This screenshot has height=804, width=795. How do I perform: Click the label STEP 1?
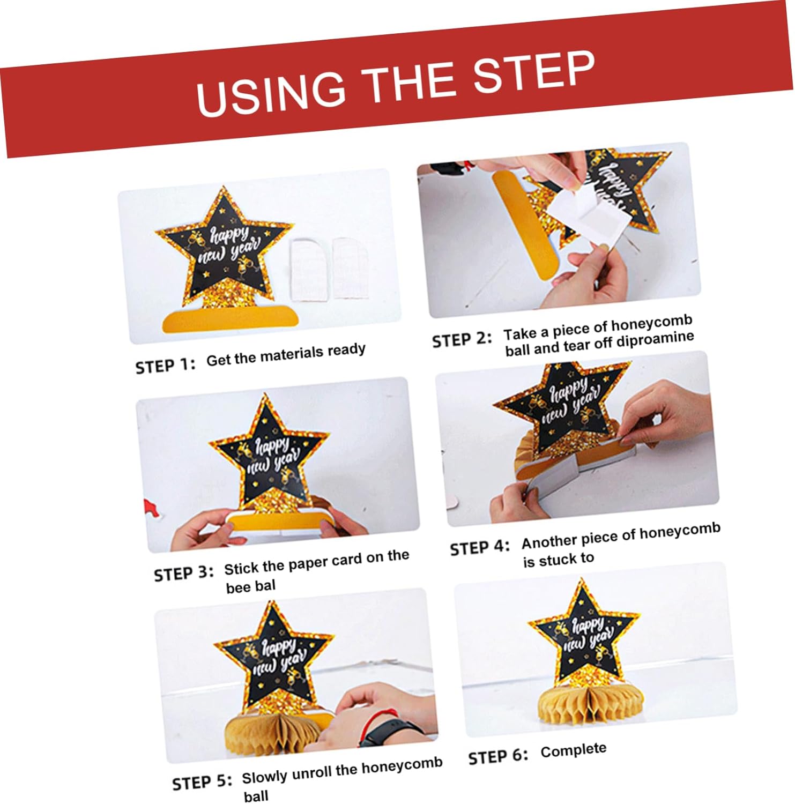[166, 366]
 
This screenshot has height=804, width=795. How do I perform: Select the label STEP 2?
[462, 340]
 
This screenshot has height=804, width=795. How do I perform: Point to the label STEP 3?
[184, 574]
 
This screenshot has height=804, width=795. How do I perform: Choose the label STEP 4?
[480, 548]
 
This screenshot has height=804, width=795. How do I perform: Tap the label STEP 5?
[202, 783]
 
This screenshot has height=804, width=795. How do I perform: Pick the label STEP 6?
[498, 756]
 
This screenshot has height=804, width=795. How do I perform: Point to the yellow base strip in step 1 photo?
[230, 318]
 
